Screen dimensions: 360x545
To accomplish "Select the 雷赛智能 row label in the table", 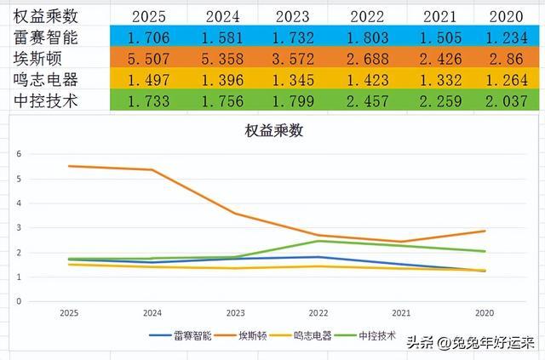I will point(49,37).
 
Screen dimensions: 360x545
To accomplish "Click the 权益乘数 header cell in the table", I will point(49,15).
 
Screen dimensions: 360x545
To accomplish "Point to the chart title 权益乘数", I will point(273,132).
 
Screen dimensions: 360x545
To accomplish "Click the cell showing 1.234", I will point(509,38).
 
